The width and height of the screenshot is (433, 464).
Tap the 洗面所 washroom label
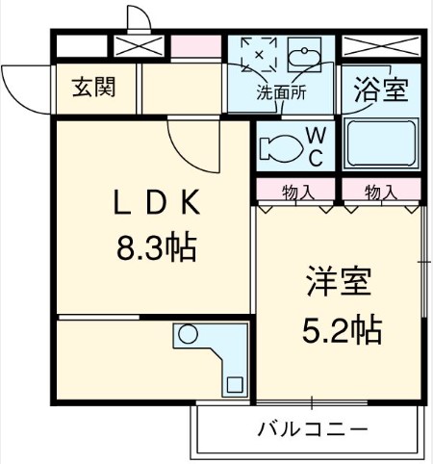coord(280,94)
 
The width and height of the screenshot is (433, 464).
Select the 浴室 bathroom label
coord(382,90)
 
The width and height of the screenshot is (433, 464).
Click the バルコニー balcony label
coord(312,428)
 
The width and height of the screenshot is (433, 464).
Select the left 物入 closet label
coord(297,192)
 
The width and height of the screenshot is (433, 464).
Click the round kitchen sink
coord(189,336)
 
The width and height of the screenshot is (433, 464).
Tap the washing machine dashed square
coord(258,55)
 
